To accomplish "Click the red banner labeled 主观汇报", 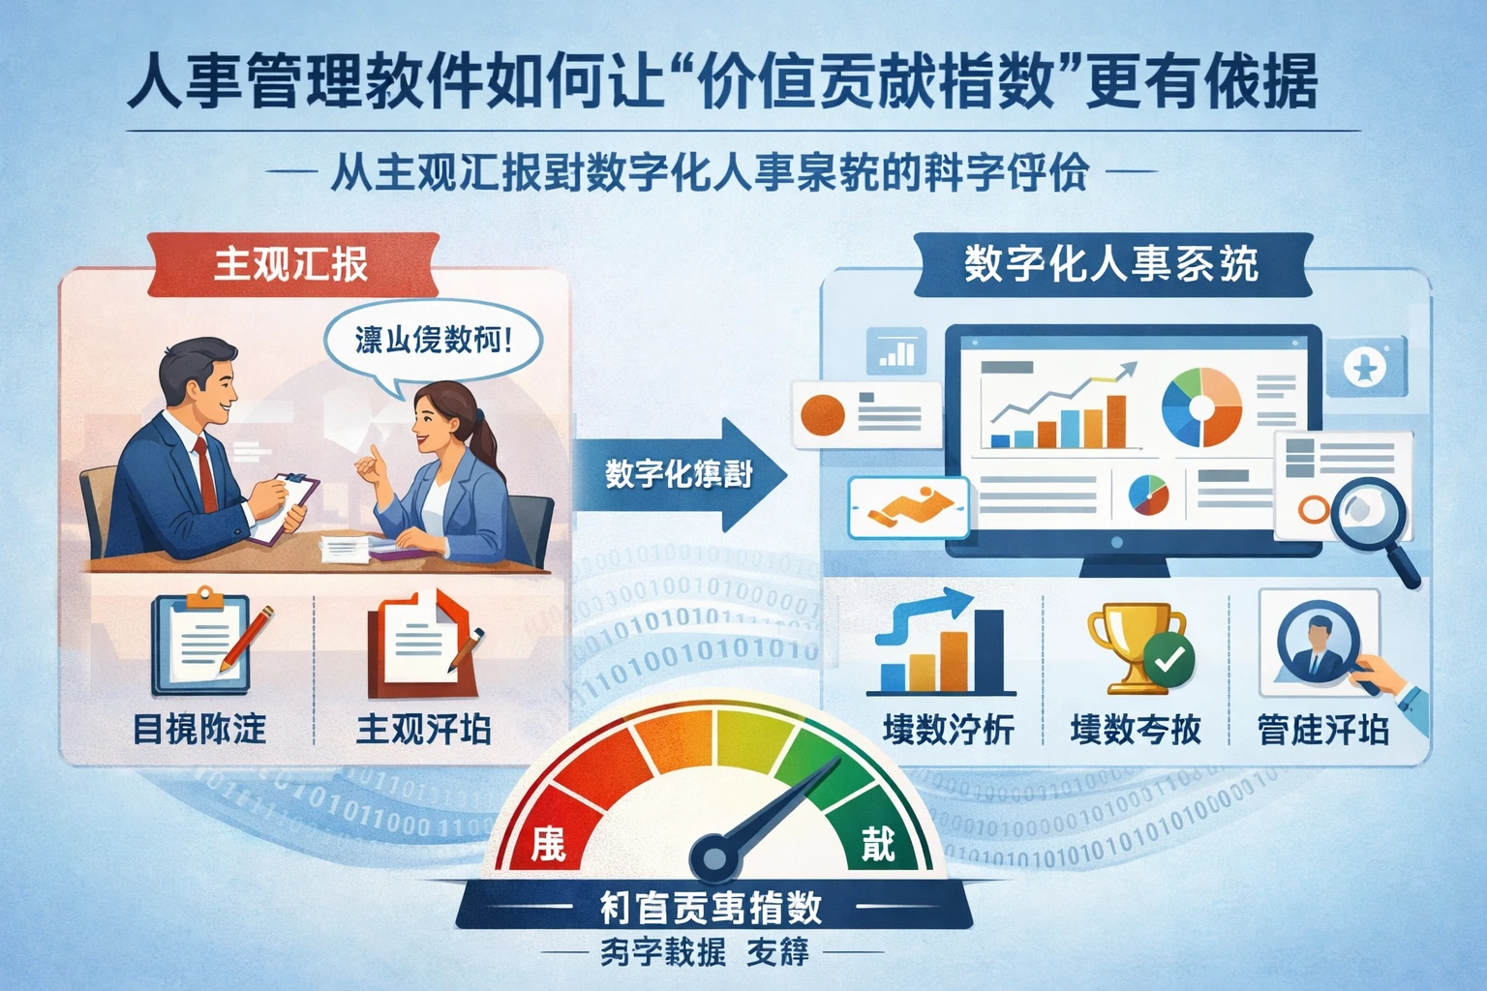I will click(291, 264).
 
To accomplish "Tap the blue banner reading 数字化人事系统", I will click(1110, 264).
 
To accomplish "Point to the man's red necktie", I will click(206, 474).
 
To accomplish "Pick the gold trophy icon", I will click(1129, 644).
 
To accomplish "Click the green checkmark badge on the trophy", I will click(1169, 660).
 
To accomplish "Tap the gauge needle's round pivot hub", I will click(714, 857).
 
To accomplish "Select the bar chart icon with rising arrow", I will click(939, 644).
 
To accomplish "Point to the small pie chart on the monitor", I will click(1148, 495).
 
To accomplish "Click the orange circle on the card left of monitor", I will click(822, 415).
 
